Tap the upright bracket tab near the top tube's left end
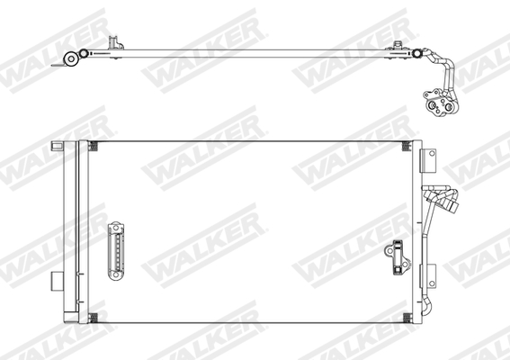[114, 43]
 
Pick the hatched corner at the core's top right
[405, 146]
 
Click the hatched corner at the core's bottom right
[405, 317]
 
